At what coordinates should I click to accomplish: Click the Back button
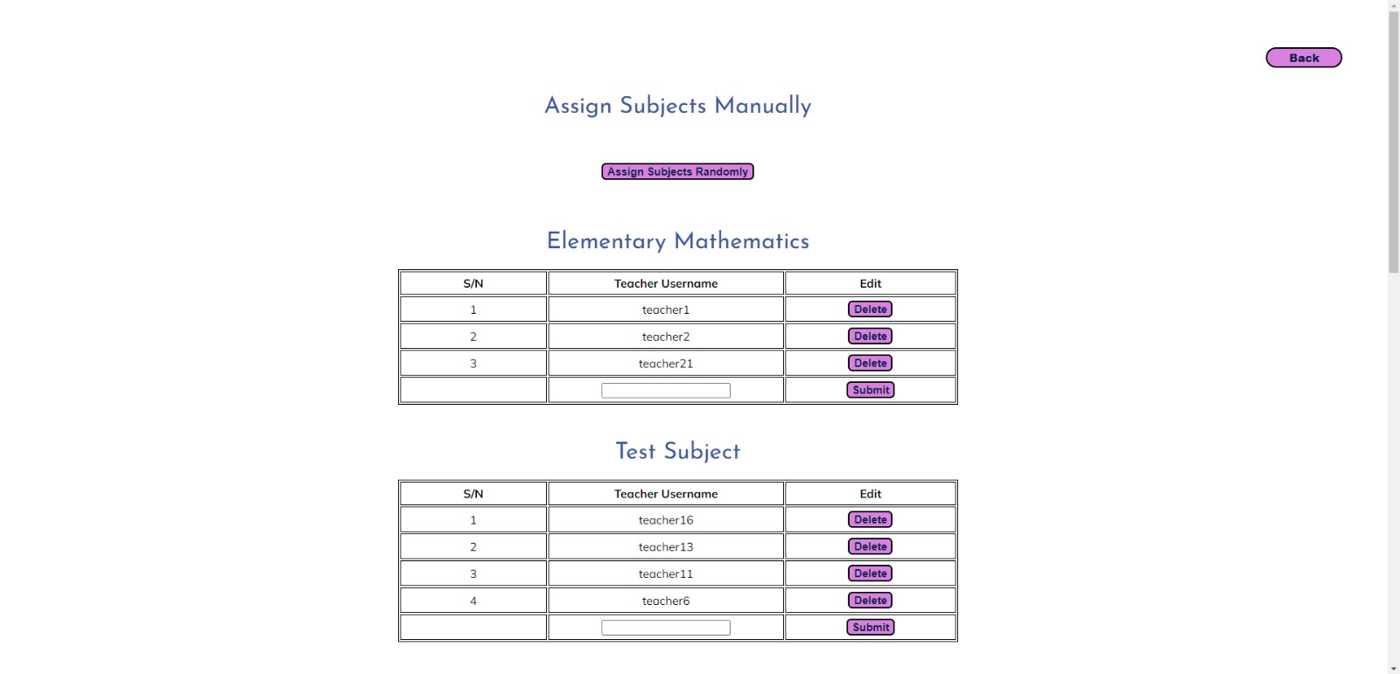click(1303, 58)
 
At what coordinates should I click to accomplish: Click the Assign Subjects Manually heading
click(677, 106)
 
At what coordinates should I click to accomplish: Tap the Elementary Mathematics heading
click(677, 241)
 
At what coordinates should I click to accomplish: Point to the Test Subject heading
click(677, 451)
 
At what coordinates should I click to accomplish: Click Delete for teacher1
click(870, 309)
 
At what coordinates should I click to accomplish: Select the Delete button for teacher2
click(870, 337)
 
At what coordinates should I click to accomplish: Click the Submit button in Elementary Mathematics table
click(870, 390)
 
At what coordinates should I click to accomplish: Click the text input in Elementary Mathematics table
click(665, 391)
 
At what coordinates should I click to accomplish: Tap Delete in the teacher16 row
click(870, 520)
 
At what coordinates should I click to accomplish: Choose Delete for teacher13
click(870, 547)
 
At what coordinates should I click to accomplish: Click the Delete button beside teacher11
click(870, 573)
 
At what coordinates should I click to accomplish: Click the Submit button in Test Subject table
click(870, 627)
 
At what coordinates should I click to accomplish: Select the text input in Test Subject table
click(665, 628)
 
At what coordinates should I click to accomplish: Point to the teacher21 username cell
click(665, 364)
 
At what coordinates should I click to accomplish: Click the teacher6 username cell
click(665, 601)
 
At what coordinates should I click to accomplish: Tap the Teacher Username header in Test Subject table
click(665, 494)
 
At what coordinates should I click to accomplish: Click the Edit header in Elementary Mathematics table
click(870, 283)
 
